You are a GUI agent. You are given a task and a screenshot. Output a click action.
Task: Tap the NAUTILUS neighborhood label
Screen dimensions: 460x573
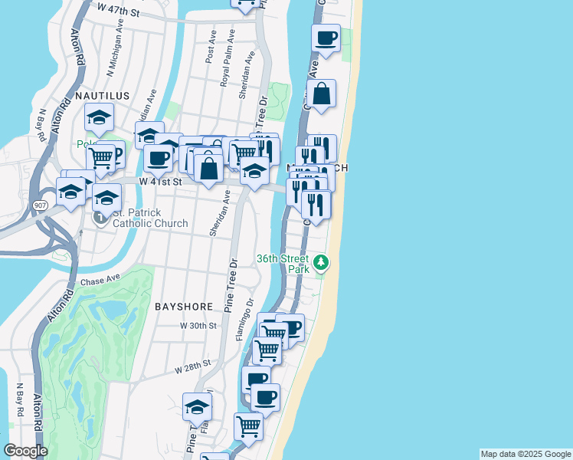click(x=103, y=95)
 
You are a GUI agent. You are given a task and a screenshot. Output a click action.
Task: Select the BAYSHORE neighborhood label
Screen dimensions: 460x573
click(x=184, y=306)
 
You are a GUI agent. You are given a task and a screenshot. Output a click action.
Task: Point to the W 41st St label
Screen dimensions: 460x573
click(x=159, y=182)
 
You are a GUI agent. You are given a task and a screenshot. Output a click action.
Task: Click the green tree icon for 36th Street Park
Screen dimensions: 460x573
click(x=322, y=263)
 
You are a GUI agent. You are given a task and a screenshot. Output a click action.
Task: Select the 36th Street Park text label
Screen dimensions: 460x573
click(x=283, y=264)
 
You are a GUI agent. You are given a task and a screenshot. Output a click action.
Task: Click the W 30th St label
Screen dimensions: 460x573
click(x=194, y=325)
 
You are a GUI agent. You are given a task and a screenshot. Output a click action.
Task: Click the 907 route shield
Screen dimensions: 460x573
click(x=41, y=205)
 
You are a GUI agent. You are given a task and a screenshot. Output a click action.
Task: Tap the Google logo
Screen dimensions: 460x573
click(x=25, y=451)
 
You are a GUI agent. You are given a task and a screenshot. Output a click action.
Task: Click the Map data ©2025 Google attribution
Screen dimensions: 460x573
click(x=526, y=454)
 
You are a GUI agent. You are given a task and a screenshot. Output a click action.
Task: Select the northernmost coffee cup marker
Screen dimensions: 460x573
click(x=326, y=38)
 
